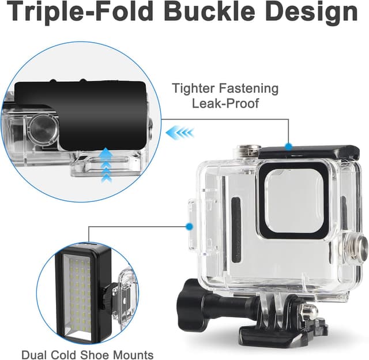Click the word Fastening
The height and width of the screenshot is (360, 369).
point(250,89)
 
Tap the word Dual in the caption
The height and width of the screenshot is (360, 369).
point(34,354)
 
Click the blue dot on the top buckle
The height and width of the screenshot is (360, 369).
point(288,147)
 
